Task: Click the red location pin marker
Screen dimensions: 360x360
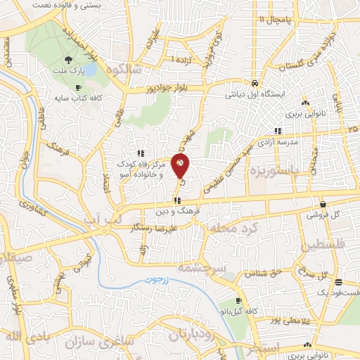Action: click(x=181, y=167)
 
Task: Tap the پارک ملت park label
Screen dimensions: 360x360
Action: click(x=67, y=72)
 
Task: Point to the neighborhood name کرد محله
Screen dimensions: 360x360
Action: click(x=236, y=227)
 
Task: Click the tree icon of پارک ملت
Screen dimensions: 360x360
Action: click(x=67, y=60)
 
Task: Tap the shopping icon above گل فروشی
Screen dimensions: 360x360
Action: click(x=322, y=202)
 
